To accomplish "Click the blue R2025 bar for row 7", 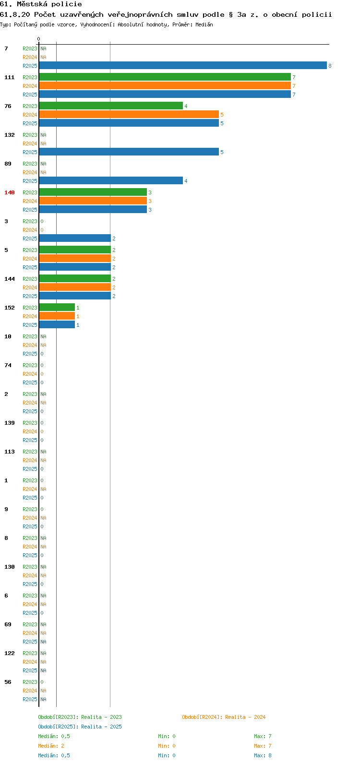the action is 183,65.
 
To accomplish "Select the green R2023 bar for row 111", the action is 165,77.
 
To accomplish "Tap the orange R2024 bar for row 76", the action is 129,115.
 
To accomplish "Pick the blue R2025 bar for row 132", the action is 129,152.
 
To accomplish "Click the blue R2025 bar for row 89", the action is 111,181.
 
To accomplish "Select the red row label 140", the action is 10,193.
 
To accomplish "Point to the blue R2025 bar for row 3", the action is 75,239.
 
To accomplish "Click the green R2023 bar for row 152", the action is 57,308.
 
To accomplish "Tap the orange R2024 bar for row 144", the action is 75,287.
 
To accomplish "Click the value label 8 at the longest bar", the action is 330,66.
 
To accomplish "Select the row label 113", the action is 10,452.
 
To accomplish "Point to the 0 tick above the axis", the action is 38,39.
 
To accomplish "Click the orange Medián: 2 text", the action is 51,746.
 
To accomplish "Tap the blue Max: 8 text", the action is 263,755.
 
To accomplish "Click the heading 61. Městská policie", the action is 41,4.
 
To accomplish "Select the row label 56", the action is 8,682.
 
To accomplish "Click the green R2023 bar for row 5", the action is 75,250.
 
